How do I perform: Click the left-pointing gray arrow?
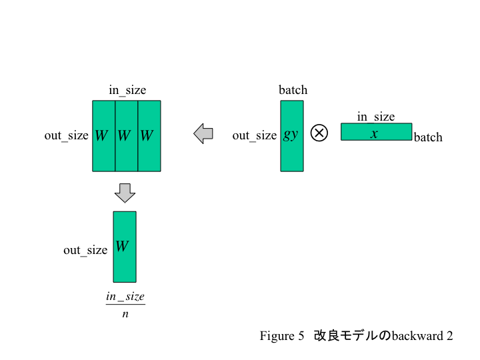coord(203,134)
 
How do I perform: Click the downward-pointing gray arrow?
coord(125,192)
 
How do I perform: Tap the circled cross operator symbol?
coord(319,133)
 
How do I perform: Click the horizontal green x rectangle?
coord(376,132)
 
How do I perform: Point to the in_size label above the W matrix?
coord(127,91)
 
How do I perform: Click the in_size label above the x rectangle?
coord(375,117)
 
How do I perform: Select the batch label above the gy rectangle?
coord(293,91)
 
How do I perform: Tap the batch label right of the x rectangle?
coord(428,137)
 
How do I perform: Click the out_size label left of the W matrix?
coord(66,135)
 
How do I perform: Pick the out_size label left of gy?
coord(254,136)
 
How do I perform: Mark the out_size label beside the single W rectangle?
coord(85,250)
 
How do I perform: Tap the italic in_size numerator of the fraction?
coord(125,296)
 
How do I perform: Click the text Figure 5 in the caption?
coord(277,336)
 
